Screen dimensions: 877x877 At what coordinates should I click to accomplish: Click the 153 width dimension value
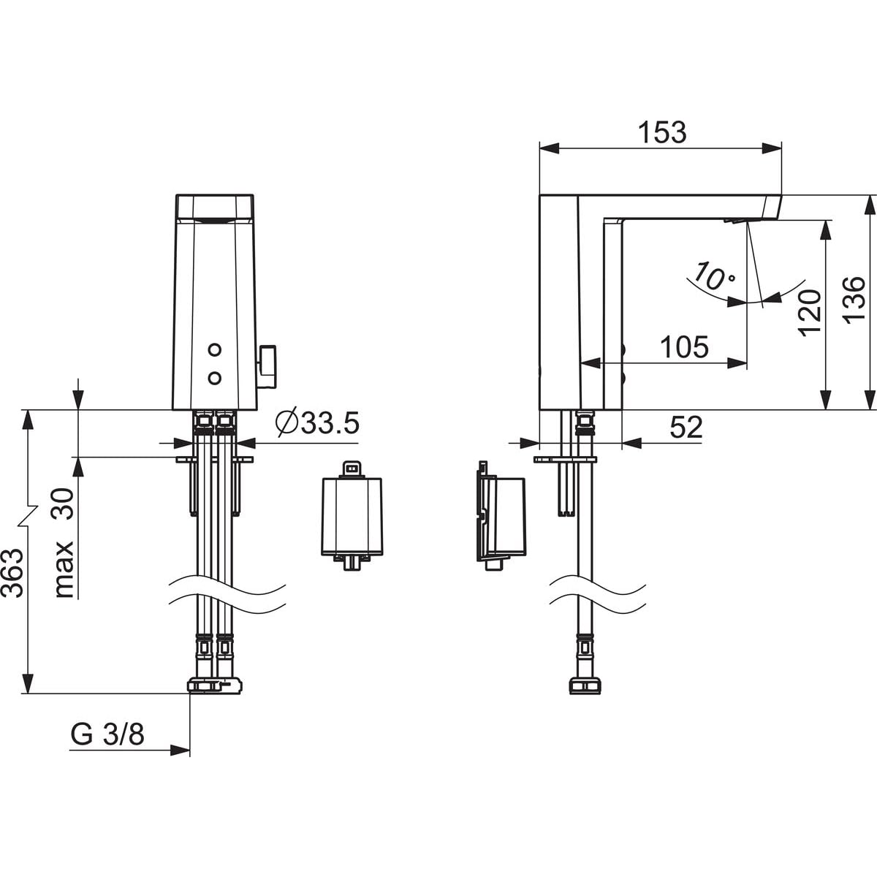(662, 132)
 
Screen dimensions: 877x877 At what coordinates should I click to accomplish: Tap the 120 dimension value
(810, 313)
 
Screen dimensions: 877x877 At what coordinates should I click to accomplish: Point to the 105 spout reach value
(684, 347)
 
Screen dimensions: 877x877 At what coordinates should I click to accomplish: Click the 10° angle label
(713, 276)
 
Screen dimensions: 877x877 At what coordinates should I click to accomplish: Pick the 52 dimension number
(686, 428)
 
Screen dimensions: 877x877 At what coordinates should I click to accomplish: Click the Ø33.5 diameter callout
(317, 423)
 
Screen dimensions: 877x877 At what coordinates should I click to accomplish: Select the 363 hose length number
(12, 574)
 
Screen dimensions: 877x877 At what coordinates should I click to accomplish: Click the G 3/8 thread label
(107, 734)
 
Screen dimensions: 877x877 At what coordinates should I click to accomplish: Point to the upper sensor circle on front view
(214, 349)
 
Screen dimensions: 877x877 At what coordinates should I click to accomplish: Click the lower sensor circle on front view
(214, 377)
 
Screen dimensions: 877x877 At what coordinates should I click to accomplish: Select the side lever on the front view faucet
(267, 367)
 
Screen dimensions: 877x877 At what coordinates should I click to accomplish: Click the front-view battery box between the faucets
(352, 515)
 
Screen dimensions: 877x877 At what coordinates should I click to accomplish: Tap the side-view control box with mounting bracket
(501, 516)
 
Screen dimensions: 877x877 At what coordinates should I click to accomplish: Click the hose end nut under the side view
(585, 699)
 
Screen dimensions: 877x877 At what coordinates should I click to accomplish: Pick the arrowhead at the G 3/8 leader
(181, 751)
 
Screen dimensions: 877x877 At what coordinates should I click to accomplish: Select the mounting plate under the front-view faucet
(215, 460)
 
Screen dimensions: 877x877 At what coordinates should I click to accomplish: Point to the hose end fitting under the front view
(214, 698)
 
